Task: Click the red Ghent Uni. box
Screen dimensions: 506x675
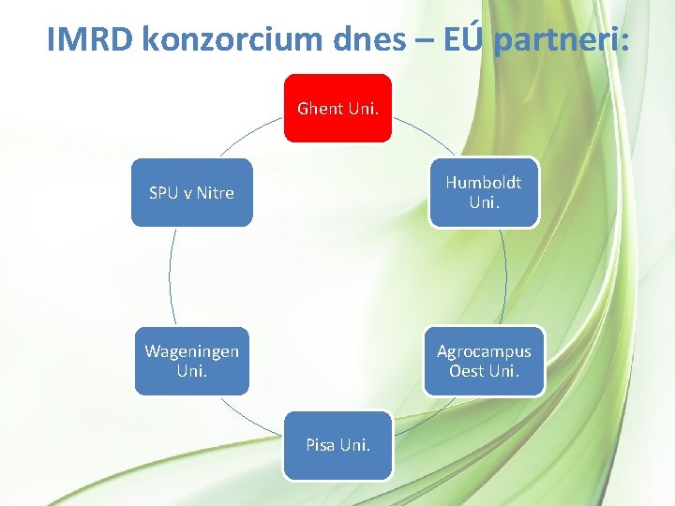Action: [x=337, y=108]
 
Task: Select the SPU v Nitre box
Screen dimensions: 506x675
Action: [x=191, y=192]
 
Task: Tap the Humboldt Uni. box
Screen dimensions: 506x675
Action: [x=484, y=192]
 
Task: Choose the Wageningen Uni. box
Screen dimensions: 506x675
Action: [x=191, y=361]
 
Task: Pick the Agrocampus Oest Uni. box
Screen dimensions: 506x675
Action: [x=484, y=361]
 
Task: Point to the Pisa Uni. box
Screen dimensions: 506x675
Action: [x=337, y=445]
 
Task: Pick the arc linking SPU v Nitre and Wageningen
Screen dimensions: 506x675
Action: [x=171, y=276]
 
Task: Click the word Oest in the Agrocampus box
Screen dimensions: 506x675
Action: [x=466, y=370]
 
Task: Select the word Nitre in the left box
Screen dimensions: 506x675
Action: [x=216, y=193]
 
